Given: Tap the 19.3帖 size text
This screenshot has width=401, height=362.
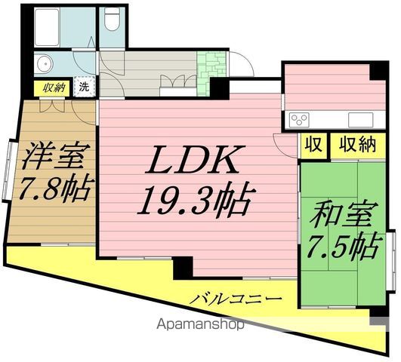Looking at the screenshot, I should click(x=194, y=200).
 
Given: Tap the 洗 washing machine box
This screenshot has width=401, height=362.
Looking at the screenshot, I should click(x=85, y=87).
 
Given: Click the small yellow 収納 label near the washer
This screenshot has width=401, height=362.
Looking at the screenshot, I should click(x=55, y=87).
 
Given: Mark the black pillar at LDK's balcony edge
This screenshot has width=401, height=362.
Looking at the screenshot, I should click(x=182, y=266).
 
